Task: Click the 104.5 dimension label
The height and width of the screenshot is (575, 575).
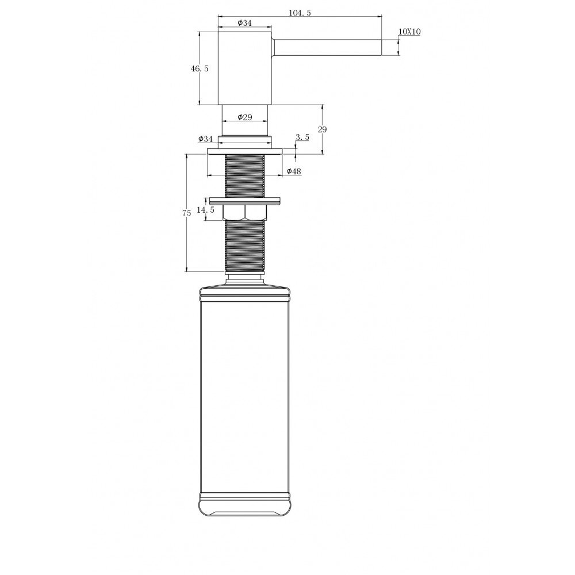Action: coord(300,13)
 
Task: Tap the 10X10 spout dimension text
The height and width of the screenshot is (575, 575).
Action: coord(409,32)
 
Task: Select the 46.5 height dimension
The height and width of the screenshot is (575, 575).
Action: coord(200,68)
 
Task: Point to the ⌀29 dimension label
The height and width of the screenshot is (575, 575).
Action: coord(244,117)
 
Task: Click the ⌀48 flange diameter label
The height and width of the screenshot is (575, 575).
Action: coord(294,171)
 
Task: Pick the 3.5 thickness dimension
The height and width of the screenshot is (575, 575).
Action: coord(302,137)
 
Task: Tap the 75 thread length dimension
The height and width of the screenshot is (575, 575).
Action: coord(187,213)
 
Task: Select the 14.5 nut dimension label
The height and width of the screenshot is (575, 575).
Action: coord(205,210)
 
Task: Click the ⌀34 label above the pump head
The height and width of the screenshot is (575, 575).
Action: coord(244,23)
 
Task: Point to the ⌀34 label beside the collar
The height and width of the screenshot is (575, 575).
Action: coord(205,139)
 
